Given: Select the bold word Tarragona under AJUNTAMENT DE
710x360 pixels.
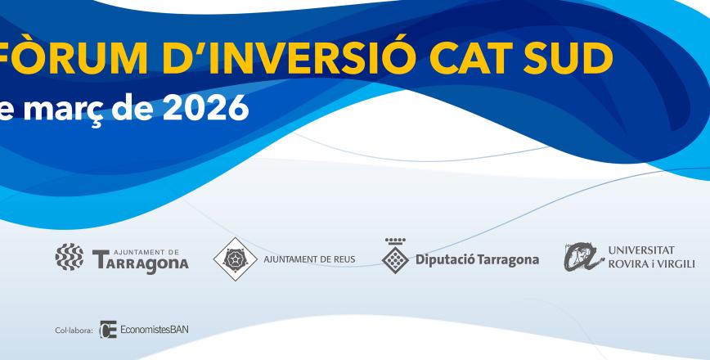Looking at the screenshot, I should tap(141, 263).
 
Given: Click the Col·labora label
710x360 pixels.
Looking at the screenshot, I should tap(74, 331).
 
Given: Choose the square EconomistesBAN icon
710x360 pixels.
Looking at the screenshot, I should tap(107, 330).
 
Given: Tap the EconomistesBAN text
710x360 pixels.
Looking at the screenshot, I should tap(155, 331).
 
